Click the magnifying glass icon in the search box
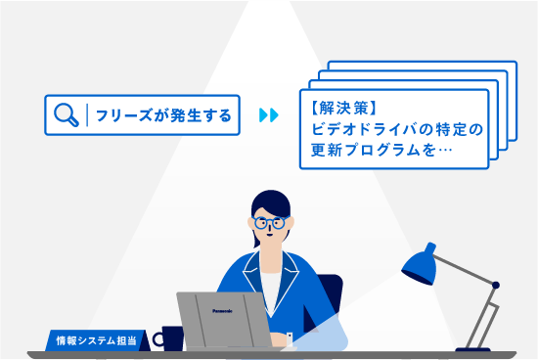click(66, 115)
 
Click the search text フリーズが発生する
click(163, 115)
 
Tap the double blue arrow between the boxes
click(268, 115)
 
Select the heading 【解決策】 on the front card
click(341, 107)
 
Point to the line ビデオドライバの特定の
click(390, 128)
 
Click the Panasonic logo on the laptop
click(224, 310)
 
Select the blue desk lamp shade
click(418, 263)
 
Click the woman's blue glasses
click(269, 223)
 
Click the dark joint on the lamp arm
click(495, 286)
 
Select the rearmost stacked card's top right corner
click(513, 67)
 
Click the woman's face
click(271, 231)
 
